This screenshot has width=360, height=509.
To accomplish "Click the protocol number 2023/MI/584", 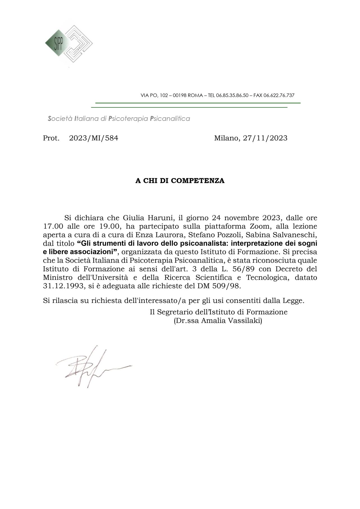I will (94, 138).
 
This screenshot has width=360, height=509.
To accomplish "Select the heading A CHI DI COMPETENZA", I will (180, 181).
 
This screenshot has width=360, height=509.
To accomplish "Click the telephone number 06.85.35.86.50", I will (232, 95).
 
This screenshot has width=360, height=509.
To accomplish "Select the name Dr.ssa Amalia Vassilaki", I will (218, 321).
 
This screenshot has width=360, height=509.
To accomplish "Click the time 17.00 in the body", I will (53, 226).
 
